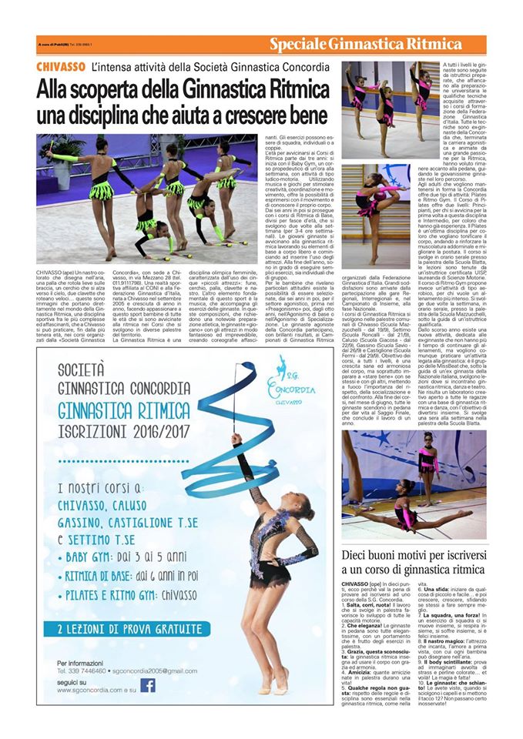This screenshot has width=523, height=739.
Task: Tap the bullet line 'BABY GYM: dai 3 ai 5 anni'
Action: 126,553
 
